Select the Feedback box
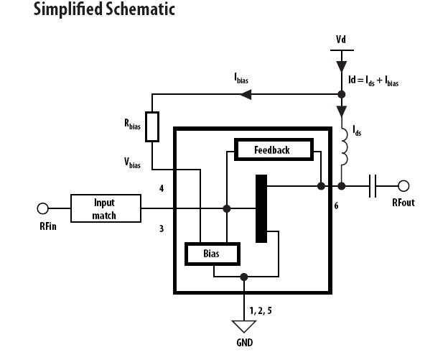[272, 149]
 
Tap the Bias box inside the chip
[213, 254]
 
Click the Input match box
[105, 208]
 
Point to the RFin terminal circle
[42, 208]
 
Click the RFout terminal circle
[404, 186]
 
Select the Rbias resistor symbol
[151, 126]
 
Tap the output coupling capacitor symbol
[373, 186]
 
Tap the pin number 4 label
[162, 189]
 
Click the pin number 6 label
[336, 206]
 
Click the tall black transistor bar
[261, 208]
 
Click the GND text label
[245, 343]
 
